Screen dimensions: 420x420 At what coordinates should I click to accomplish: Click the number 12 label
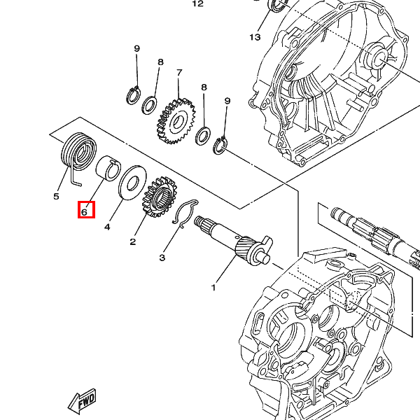[x=197, y=3]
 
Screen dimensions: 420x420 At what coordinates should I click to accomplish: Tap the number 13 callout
[x=254, y=36]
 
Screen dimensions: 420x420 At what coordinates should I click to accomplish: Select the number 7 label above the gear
[x=179, y=72]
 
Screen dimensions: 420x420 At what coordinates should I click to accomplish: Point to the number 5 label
[x=57, y=197]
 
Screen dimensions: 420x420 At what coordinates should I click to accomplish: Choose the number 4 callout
[x=108, y=227]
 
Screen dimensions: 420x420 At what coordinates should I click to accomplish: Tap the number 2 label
[x=132, y=242]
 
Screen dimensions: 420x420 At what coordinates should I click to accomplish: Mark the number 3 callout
[x=162, y=258]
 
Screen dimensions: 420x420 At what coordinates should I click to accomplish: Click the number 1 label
[x=213, y=288]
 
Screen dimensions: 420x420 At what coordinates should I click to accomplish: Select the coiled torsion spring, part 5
[x=77, y=153]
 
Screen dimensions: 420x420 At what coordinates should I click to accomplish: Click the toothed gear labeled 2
[x=158, y=195]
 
